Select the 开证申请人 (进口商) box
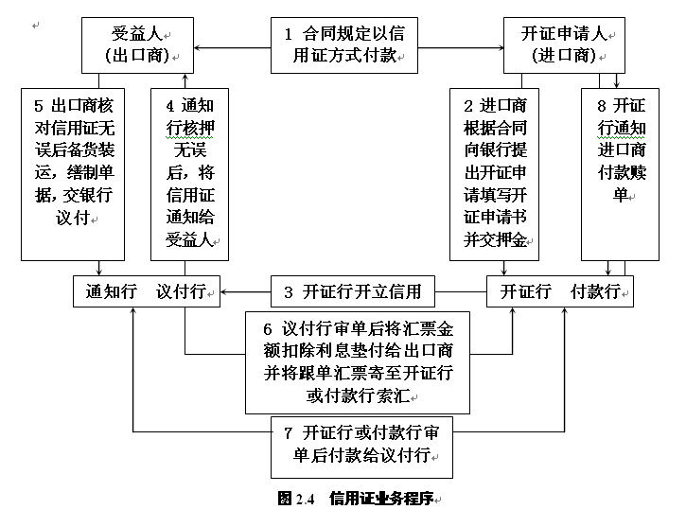(x=564, y=44)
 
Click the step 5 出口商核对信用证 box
(x=72, y=173)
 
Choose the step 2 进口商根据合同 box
(x=494, y=173)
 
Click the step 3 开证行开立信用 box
(x=353, y=291)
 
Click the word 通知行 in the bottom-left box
(x=108, y=291)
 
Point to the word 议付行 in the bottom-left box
(x=183, y=291)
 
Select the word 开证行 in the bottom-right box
(x=526, y=291)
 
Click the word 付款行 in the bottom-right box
(x=596, y=291)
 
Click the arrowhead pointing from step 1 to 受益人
(x=202, y=47)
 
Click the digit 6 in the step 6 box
(x=268, y=329)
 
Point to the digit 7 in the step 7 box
(x=289, y=433)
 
